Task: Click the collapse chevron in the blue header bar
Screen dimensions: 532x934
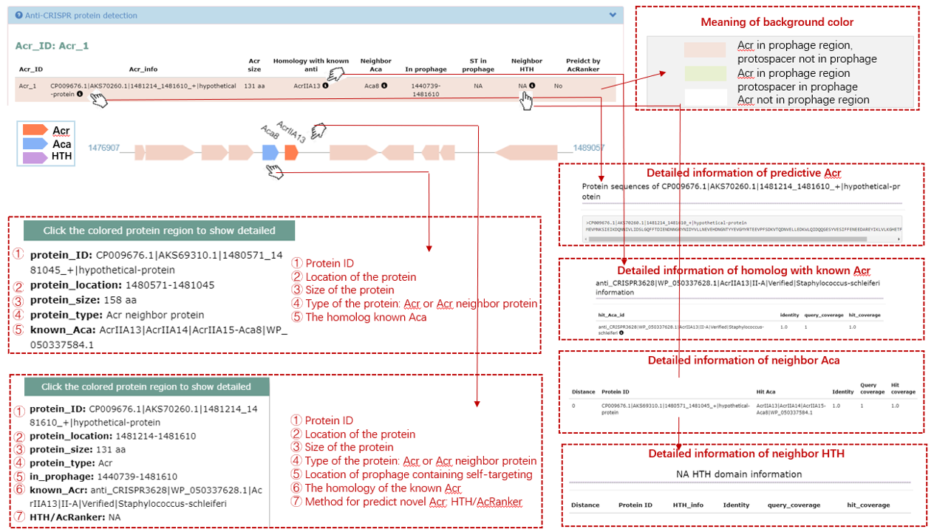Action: [613, 15]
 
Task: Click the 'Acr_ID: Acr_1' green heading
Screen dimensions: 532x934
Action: [52, 46]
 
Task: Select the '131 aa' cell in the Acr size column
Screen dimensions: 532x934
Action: [254, 86]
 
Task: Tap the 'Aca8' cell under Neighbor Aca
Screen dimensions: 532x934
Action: [372, 86]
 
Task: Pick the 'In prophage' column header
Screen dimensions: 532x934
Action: [426, 69]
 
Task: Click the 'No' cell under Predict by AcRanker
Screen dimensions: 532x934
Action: [559, 86]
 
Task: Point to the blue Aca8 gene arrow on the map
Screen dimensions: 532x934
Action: [270, 152]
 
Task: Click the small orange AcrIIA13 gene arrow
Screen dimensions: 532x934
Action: [291, 152]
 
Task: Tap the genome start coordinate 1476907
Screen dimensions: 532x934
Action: [103, 149]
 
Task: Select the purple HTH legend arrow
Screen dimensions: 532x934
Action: [35, 157]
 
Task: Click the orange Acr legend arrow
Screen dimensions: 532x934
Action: [35, 131]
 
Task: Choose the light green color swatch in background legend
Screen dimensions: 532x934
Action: [705, 73]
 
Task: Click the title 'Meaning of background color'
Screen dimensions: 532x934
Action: [777, 22]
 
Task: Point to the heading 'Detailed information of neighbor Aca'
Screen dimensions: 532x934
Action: [743, 361]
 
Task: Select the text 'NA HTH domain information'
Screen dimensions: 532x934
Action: [739, 474]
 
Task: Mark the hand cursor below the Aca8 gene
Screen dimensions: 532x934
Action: [274, 171]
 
